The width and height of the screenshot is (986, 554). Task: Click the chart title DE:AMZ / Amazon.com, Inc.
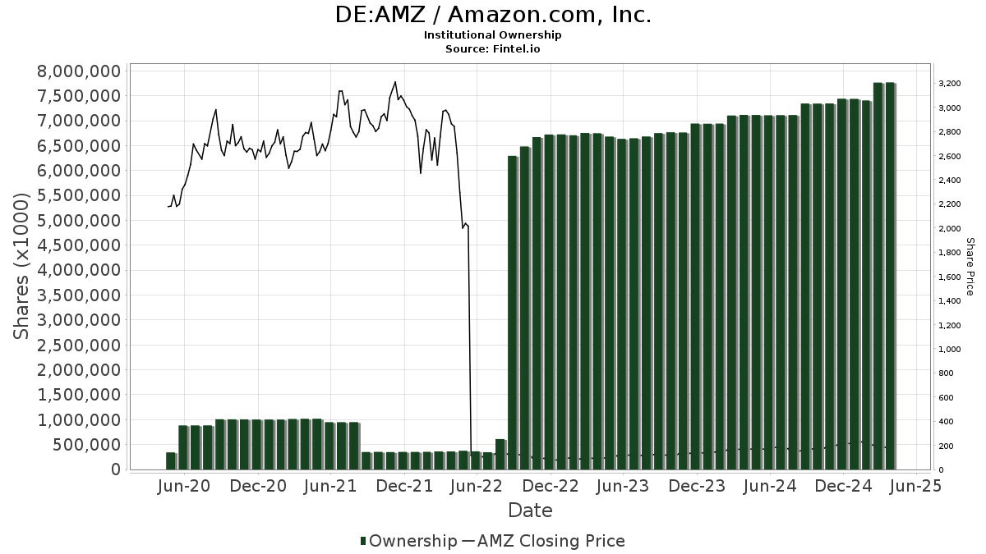pos(493,16)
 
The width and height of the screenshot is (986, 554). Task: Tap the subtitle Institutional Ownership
pos(493,35)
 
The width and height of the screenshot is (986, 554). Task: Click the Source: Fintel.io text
pos(493,48)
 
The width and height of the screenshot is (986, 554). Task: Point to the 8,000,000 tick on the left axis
pos(79,71)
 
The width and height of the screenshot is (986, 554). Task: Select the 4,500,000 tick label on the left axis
pos(79,245)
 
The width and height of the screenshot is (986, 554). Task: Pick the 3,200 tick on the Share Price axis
pos(951,84)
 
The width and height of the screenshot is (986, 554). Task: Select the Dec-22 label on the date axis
pos(551,486)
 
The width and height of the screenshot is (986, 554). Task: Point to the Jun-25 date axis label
pos(917,486)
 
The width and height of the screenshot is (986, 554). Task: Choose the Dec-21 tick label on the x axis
pos(404,486)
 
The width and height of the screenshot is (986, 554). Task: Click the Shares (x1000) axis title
pos(22,266)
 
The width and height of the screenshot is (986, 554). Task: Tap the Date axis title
pos(530,511)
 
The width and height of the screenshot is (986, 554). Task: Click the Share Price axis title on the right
pos(970,266)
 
